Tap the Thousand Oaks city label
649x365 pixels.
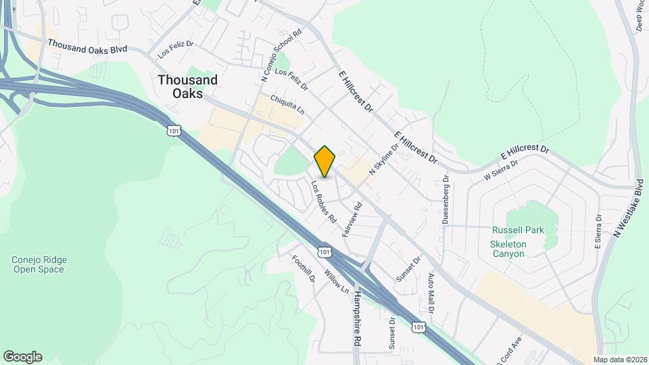pyautogui.click(x=188, y=87)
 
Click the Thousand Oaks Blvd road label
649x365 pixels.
pyautogui.click(x=88, y=47)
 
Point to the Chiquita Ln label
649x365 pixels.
pyautogui.click(x=287, y=103)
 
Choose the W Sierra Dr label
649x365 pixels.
pyautogui.click(x=501, y=170)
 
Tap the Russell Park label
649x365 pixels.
pyautogui.click(x=518, y=230)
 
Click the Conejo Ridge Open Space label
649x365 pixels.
pyautogui.click(x=38, y=264)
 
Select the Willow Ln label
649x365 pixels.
pyautogui.click(x=336, y=282)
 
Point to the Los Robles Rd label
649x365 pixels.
pyautogui.click(x=324, y=201)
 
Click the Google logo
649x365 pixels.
pyautogui.click(x=22, y=356)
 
